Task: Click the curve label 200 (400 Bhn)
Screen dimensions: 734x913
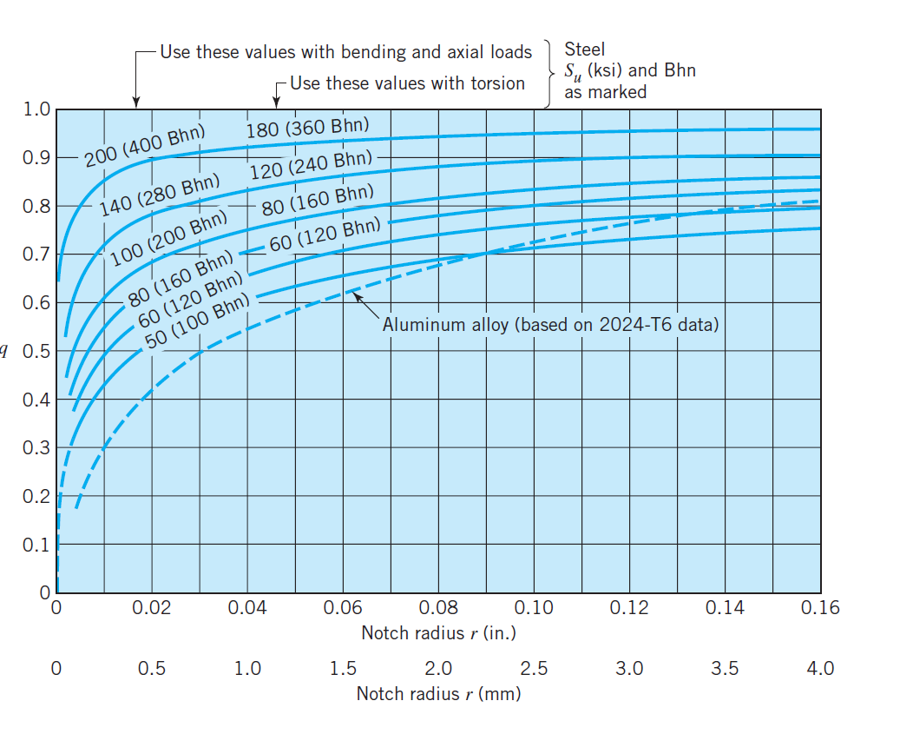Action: [145, 146]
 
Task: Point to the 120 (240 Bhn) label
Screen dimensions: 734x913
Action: [310, 165]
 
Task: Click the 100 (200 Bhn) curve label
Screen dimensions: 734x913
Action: [168, 237]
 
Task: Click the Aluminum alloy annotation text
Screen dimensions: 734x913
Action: [550, 326]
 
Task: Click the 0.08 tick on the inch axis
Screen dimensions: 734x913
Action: [438, 608]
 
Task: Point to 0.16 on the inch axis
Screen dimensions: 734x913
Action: [820, 608]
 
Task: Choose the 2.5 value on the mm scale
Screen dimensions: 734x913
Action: [534, 669]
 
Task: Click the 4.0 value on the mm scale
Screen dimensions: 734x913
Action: [820, 669]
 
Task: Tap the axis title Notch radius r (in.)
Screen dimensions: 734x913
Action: [438, 633]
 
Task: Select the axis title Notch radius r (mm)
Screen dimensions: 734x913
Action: [438, 694]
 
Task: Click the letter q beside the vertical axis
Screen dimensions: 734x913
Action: [4, 352]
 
